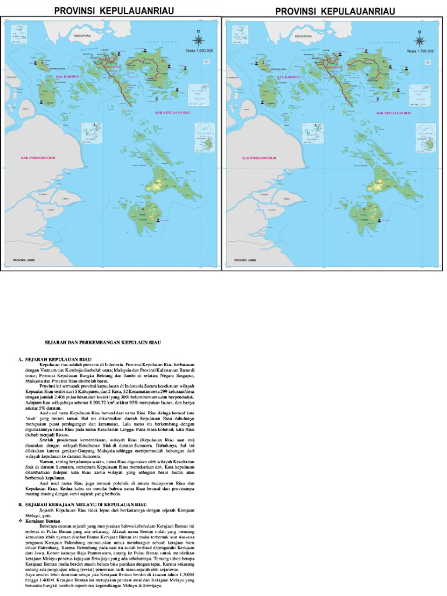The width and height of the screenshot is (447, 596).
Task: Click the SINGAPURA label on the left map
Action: pos(76,36)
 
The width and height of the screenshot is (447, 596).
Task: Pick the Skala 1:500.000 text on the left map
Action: pos(199,51)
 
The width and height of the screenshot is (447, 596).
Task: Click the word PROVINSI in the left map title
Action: pos(76,11)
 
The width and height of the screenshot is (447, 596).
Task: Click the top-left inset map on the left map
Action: pos(22,31)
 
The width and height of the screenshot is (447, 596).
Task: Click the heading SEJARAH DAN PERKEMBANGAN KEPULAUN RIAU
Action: pos(102,343)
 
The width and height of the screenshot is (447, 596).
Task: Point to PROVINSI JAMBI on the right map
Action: pos(247,260)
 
